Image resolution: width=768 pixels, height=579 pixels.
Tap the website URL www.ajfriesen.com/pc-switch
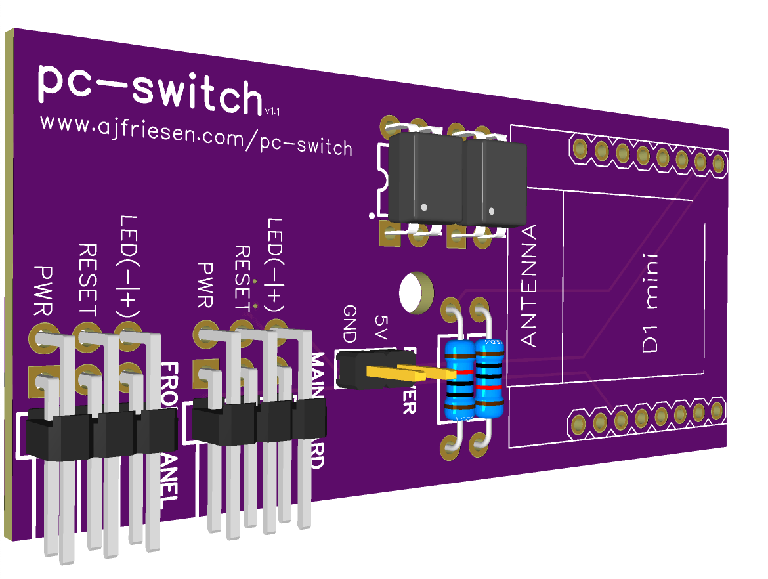(x=196, y=135)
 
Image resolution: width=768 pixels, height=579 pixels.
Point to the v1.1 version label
(x=273, y=112)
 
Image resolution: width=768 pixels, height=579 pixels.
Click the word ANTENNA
(x=528, y=285)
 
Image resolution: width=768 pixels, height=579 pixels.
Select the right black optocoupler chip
(x=496, y=181)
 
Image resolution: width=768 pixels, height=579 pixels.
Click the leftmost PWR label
(x=45, y=289)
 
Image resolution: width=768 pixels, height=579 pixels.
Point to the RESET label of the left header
(x=88, y=279)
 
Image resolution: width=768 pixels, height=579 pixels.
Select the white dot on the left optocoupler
(x=423, y=207)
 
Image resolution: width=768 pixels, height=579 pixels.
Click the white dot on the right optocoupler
(x=492, y=210)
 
